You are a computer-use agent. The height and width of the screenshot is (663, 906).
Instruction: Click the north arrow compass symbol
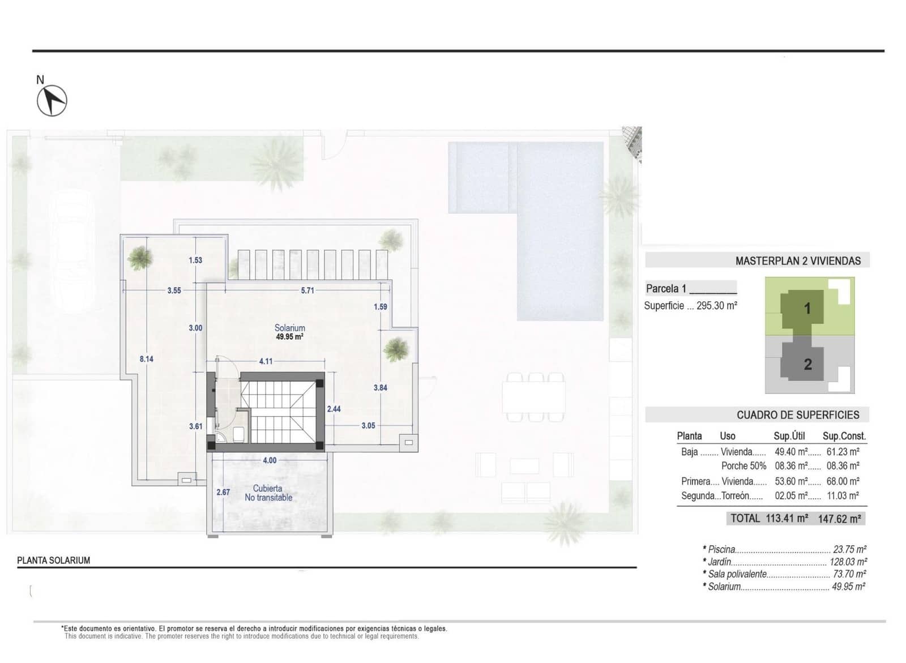52,100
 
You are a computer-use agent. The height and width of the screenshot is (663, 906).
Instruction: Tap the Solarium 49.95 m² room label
289,332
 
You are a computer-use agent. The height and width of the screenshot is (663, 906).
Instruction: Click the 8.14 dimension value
146,359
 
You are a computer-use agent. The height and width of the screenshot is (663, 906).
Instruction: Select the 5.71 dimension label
307,290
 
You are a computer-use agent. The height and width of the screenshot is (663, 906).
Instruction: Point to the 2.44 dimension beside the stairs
334,409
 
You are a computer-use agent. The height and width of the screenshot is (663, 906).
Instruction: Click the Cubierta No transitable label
268,493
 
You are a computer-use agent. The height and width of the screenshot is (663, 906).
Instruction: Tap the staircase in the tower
282,411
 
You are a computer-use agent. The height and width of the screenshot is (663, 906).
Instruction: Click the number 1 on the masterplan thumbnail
807,309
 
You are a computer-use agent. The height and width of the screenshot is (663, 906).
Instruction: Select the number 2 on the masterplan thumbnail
808,365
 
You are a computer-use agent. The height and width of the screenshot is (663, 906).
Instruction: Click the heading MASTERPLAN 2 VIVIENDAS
797,261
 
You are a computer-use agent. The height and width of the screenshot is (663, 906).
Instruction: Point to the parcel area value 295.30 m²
716,306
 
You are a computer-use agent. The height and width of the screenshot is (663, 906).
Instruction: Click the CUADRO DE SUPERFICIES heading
797,415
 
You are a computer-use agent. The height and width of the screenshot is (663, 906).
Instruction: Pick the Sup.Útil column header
789,436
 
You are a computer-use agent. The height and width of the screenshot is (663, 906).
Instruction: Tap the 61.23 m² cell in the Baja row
843,452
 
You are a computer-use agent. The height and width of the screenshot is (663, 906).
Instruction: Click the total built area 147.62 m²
839,519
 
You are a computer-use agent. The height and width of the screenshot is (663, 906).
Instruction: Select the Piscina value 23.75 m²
849,549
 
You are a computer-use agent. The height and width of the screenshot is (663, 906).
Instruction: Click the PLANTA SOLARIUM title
54,561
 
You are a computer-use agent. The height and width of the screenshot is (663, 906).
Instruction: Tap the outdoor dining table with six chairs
534,397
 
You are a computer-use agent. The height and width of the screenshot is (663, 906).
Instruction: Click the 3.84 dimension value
380,388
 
